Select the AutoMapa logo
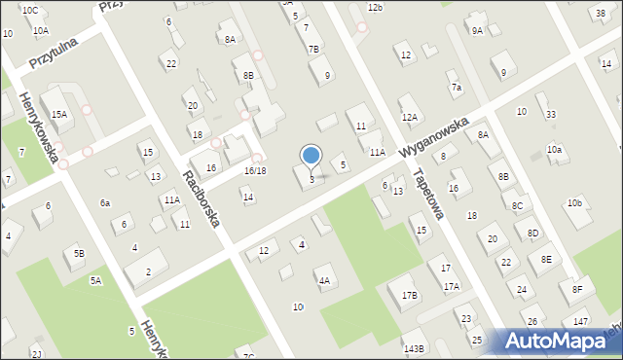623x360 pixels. [558, 341]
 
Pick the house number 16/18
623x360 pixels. [255, 170]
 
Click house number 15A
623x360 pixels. [59, 114]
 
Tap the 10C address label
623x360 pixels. [30, 10]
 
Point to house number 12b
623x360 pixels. [375, 7]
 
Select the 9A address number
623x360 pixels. [477, 30]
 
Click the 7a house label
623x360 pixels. [456, 88]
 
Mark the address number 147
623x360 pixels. [580, 321]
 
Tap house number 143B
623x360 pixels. [414, 347]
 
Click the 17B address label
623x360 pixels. [409, 295]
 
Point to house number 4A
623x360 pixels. [324, 280]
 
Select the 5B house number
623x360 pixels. [79, 254]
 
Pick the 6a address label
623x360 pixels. [104, 202]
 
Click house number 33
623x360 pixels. [551, 114]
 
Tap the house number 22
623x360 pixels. [171, 64]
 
